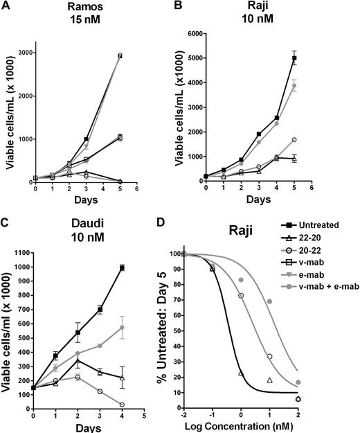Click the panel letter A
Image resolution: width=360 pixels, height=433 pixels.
[6, 6]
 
